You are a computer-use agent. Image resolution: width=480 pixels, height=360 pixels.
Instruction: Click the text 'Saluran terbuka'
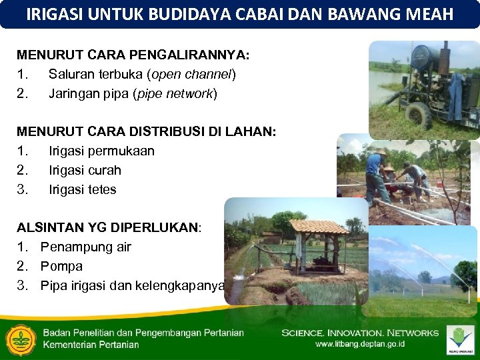coord(91,73)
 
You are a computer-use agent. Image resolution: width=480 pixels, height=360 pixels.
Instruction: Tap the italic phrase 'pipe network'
coord(175,93)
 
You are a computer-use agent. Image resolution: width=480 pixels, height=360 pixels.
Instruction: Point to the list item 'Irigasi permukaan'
coord(101,151)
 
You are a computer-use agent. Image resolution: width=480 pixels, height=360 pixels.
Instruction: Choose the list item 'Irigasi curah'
coord(85,170)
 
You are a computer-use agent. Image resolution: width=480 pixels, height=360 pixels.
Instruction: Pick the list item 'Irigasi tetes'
coord(82,189)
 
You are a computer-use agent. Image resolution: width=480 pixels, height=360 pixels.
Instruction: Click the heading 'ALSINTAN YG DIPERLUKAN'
coord(108,227)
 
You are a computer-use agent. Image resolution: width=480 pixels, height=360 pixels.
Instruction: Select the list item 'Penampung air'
coord(85,247)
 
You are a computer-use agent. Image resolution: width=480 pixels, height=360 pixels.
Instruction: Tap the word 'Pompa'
coord(61,266)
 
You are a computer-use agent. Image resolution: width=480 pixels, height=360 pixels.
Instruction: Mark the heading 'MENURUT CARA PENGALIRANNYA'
coord(133,54)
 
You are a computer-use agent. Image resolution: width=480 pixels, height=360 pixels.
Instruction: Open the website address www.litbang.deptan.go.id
coord(360,345)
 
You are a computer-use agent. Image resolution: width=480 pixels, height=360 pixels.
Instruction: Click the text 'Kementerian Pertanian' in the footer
coord(91,345)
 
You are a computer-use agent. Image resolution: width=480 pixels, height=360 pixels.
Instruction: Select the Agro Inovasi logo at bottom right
coord(460,339)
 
